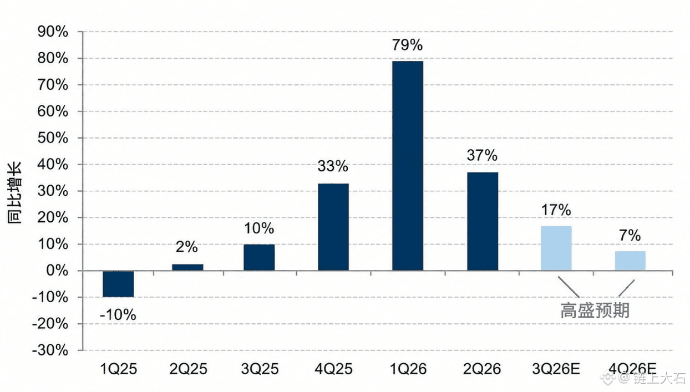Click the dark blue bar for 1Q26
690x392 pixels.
tap(408, 166)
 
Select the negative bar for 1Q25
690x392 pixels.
tap(118, 284)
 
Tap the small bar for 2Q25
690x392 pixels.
tap(187, 267)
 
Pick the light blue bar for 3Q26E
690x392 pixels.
tap(556, 248)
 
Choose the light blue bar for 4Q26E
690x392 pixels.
tap(630, 261)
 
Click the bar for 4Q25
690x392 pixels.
tap(333, 227)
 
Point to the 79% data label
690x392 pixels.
tap(407, 45)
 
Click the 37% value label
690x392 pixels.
tap(482, 155)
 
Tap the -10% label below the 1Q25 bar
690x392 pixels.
tap(118, 315)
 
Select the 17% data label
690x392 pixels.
tap(556, 210)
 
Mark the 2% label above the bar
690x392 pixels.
tap(187, 247)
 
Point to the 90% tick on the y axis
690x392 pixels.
tap(53, 32)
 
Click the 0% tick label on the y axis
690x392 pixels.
tap(57, 271)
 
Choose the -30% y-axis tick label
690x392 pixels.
tap(50, 350)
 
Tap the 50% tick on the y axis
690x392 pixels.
tap(53, 138)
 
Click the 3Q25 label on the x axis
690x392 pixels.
tap(260, 369)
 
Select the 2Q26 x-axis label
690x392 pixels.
tap(482, 369)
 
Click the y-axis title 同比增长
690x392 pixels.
tap(14, 193)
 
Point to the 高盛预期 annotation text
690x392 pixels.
tap(595, 310)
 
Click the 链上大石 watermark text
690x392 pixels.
tap(659, 378)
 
